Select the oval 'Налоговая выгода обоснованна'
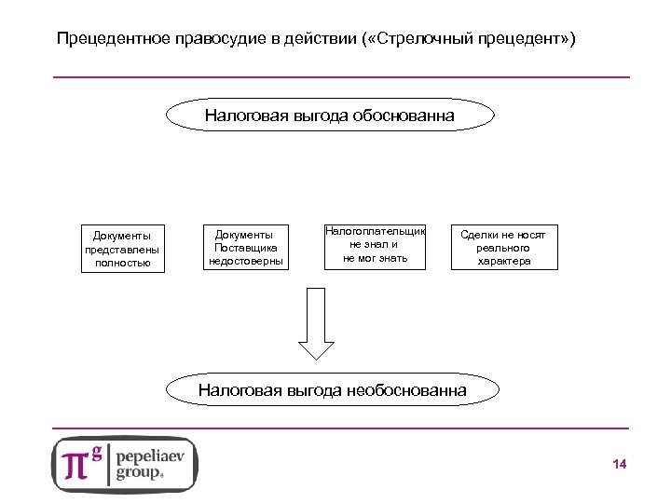[x=330, y=116]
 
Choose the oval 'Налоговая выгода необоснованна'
[x=333, y=390]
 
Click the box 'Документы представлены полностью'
[x=123, y=249]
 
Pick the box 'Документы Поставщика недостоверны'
[x=244, y=248]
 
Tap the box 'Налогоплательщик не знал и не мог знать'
[x=375, y=244]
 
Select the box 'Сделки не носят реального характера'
[x=503, y=248]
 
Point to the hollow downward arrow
[x=317, y=324]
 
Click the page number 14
[x=619, y=465]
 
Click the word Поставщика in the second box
[x=244, y=248]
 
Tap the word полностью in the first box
[x=123, y=264]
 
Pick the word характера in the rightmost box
[x=503, y=262]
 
